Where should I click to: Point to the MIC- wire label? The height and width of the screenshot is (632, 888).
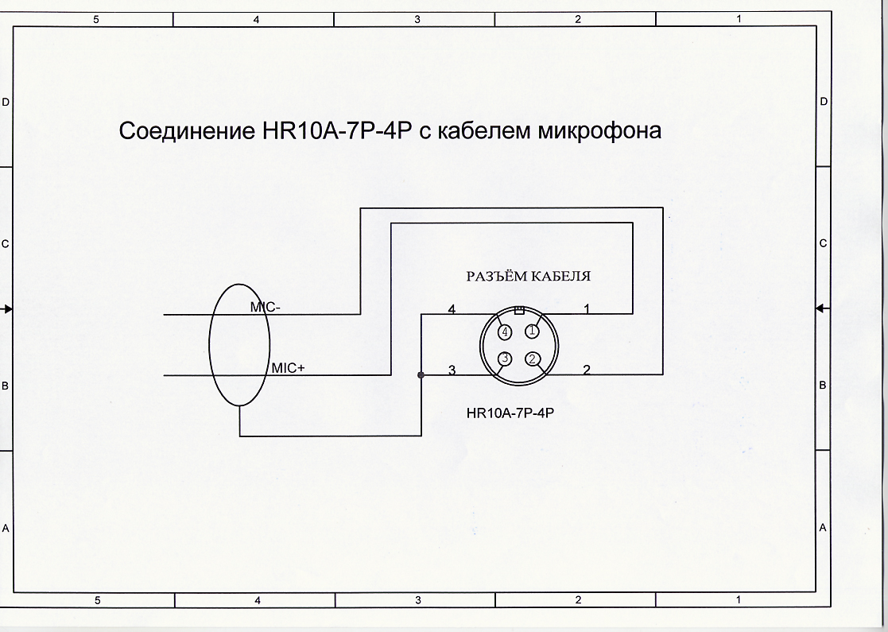265,307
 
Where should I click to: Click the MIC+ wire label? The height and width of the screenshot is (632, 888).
288,368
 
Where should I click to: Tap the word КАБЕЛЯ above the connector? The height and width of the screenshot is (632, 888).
563,277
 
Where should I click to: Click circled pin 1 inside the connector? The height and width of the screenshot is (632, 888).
533,331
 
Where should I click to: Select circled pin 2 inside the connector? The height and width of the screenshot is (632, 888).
533,359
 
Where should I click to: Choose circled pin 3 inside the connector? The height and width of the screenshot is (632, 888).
505,359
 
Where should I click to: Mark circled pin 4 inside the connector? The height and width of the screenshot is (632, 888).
505,332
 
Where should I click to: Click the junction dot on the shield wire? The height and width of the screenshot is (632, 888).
421,374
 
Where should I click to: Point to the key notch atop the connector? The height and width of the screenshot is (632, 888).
519,309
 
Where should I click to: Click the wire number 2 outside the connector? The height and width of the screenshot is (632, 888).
587,369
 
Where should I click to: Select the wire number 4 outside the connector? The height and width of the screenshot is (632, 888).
452,309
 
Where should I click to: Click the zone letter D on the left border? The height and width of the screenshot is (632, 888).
6,103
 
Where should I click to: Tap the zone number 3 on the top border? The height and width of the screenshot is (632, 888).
417,19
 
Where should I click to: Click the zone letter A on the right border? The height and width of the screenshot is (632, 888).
824,528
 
